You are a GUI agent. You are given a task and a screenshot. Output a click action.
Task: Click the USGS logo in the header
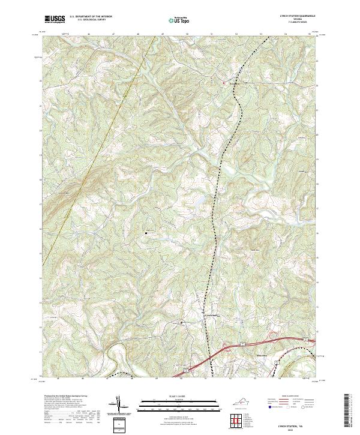coord(53,20)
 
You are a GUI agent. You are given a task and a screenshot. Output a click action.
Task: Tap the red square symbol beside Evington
coord(224,83)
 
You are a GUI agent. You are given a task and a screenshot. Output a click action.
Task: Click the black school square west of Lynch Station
coord(182,323)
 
